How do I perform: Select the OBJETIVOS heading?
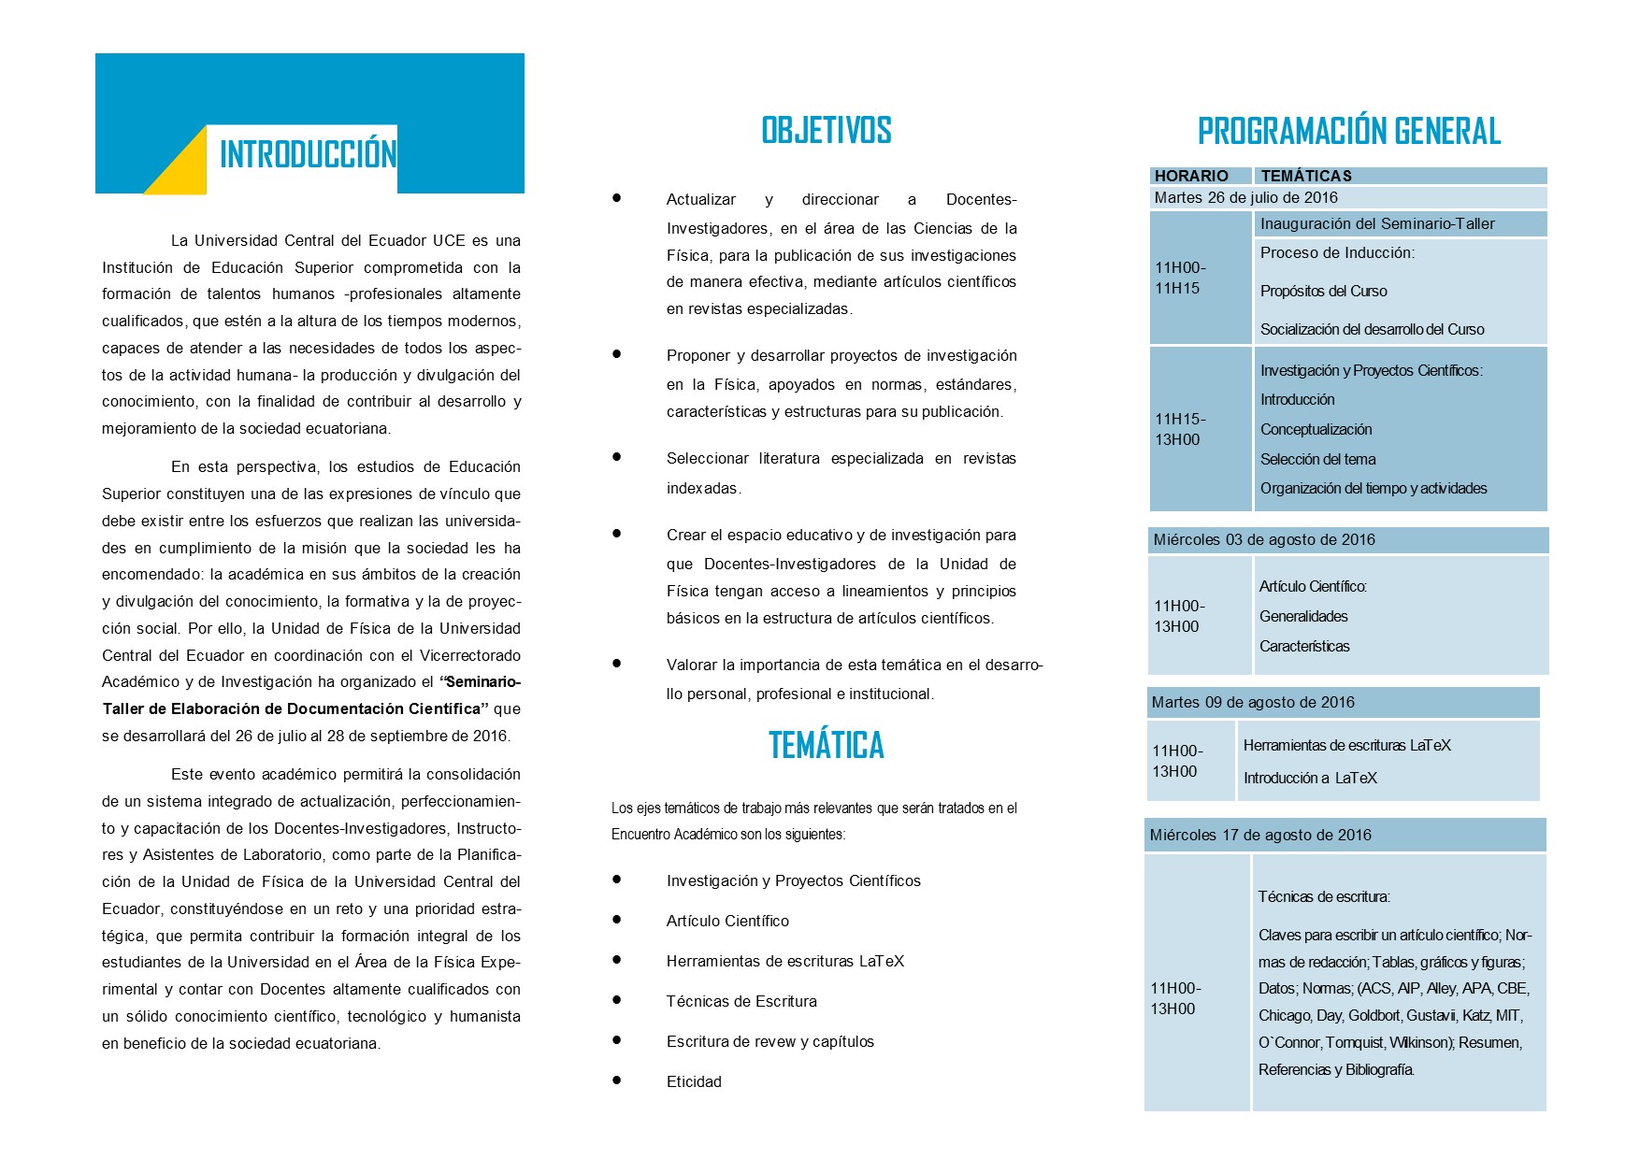click(827, 131)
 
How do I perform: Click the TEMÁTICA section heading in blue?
click(827, 746)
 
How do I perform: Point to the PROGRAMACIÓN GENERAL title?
click(1348, 132)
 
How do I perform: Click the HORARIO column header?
click(1191, 176)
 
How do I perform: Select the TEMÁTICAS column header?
click(1306, 176)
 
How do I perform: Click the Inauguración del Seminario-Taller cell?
click(1377, 223)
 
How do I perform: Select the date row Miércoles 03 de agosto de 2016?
click(1264, 539)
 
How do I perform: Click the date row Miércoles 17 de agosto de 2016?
click(1260, 835)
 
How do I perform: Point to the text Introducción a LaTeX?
click(1310, 778)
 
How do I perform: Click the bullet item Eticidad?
click(694, 1081)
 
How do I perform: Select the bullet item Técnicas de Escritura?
click(741, 1001)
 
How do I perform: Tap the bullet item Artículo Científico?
click(727, 921)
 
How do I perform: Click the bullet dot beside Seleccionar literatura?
click(617, 457)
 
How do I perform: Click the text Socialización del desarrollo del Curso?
click(1372, 329)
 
